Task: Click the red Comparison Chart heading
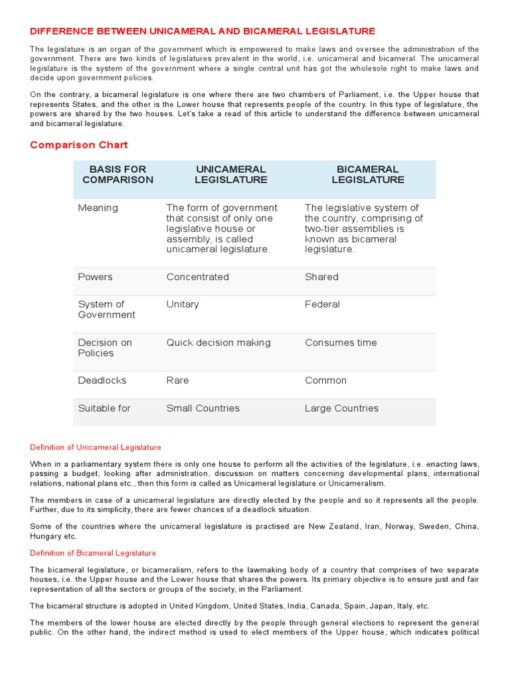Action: [79, 145]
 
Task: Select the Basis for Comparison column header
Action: [118, 175]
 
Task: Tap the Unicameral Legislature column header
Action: [230, 175]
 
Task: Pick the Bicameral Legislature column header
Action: [367, 175]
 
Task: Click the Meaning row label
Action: [98, 208]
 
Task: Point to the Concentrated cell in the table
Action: [197, 277]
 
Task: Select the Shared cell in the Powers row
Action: [321, 277]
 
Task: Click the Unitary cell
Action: [183, 304]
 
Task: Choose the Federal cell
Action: [322, 304]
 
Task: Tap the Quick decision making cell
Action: [218, 343]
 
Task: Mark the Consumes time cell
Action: [341, 343]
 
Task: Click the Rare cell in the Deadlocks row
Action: [177, 381]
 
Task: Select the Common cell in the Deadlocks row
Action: [325, 381]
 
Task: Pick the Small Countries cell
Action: [203, 408]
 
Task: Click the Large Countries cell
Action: [341, 408]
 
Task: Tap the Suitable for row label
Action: [104, 408]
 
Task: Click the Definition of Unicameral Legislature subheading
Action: [96, 448]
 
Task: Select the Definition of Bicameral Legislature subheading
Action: [93, 553]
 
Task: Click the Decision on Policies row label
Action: [105, 348]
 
